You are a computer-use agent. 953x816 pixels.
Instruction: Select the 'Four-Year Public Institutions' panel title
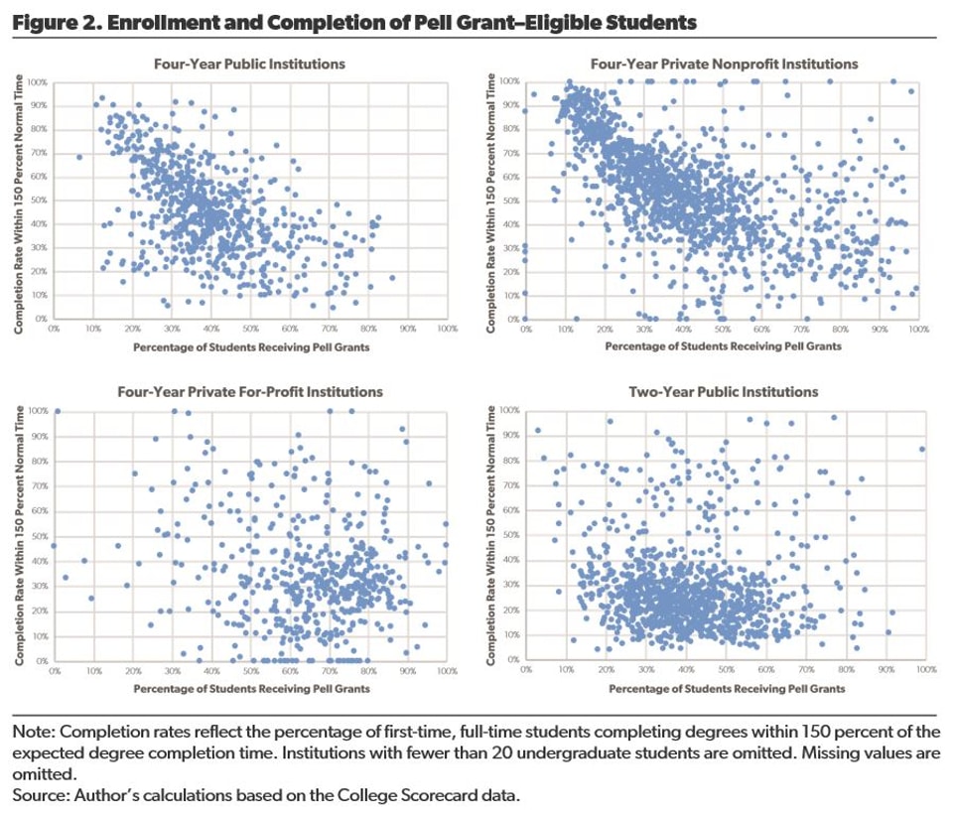click(249, 64)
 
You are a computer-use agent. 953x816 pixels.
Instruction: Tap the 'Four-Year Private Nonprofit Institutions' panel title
click(724, 64)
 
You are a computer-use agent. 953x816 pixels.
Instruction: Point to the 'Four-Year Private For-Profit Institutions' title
click(249, 392)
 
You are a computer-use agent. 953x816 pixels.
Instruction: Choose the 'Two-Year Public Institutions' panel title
click(724, 392)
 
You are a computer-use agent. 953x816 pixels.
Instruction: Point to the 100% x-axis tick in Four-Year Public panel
click(446, 328)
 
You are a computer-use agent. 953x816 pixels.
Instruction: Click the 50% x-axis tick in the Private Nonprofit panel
click(722, 328)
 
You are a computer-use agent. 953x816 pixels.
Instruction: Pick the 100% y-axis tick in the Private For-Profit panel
click(37, 410)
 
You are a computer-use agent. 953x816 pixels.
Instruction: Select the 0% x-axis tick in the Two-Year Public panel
click(529, 670)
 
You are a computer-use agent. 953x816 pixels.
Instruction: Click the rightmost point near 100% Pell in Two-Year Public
click(922, 449)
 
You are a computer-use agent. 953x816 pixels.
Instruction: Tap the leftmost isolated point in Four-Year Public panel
click(79, 157)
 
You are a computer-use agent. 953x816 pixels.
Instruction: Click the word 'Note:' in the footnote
click(34, 733)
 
